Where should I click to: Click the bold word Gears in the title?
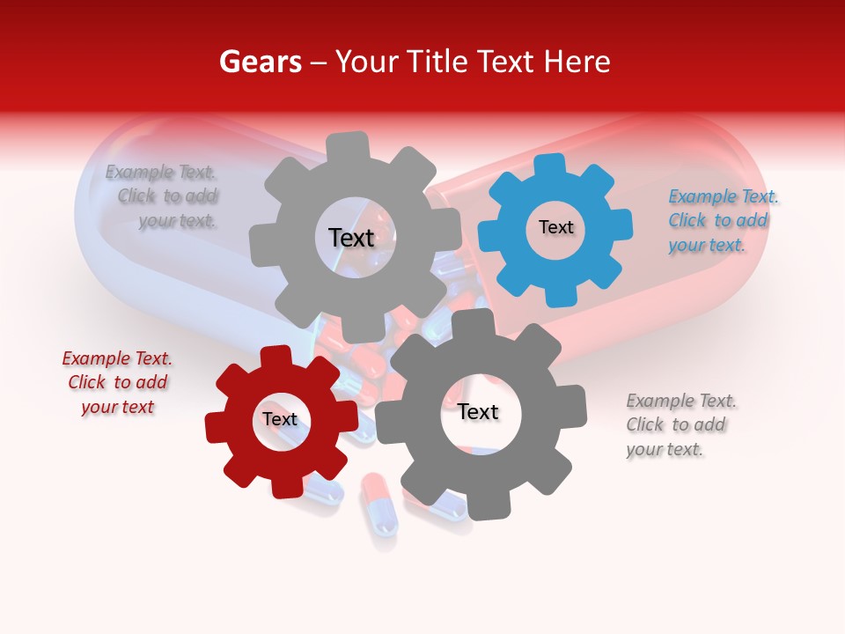[x=260, y=62]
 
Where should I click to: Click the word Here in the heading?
[x=577, y=62]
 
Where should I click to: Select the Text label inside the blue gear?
[x=555, y=227]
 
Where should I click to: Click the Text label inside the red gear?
[x=279, y=419]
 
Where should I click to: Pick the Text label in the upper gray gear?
[x=351, y=238]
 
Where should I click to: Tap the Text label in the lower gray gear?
[x=477, y=412]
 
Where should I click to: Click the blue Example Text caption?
[x=724, y=220]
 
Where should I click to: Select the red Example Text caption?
[x=117, y=382]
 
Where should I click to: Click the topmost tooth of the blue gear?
[x=550, y=165]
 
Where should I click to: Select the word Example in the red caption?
[x=94, y=358]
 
